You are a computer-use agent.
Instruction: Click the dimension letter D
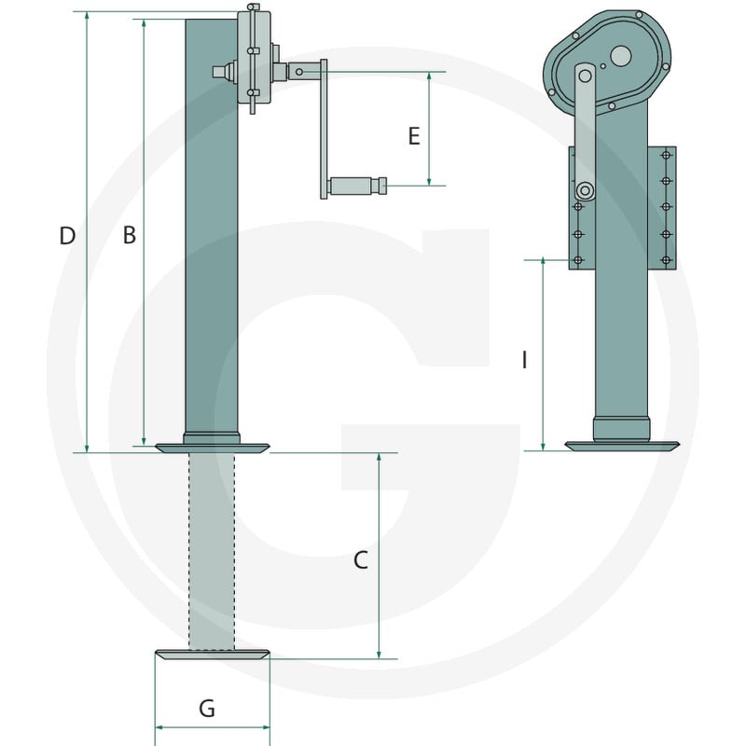(67, 236)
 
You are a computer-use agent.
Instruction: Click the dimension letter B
(130, 235)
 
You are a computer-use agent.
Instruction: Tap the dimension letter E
(414, 136)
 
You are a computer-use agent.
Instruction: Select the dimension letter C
(361, 560)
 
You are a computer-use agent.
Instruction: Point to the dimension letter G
(207, 709)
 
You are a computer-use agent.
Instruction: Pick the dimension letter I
(524, 360)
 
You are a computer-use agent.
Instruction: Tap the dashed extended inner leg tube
(212, 551)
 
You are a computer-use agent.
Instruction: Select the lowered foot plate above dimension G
(213, 655)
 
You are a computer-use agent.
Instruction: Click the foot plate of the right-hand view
(622, 446)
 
